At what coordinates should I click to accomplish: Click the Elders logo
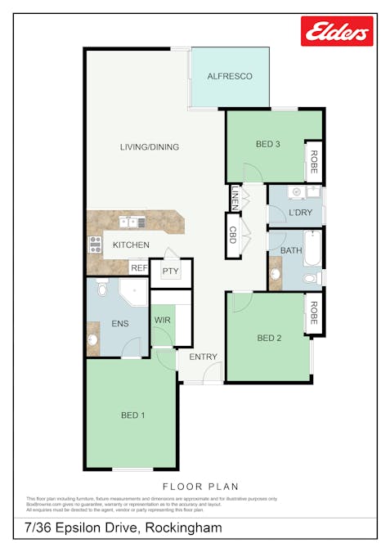[337, 31]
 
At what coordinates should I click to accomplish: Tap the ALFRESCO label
[229, 76]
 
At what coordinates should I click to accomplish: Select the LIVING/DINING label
[149, 147]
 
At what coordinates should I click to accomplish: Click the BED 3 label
[268, 145]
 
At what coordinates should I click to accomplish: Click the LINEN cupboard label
[235, 199]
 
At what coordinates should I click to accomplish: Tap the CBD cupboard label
[232, 236]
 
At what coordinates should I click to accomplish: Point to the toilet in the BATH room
[311, 279]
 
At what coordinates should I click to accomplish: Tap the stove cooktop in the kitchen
[94, 244]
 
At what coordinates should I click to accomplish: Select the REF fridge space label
[139, 267]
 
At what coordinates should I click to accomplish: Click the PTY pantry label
[170, 272]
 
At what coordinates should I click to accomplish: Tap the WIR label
[163, 320]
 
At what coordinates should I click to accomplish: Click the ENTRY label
[203, 357]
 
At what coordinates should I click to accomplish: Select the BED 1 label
[132, 415]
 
